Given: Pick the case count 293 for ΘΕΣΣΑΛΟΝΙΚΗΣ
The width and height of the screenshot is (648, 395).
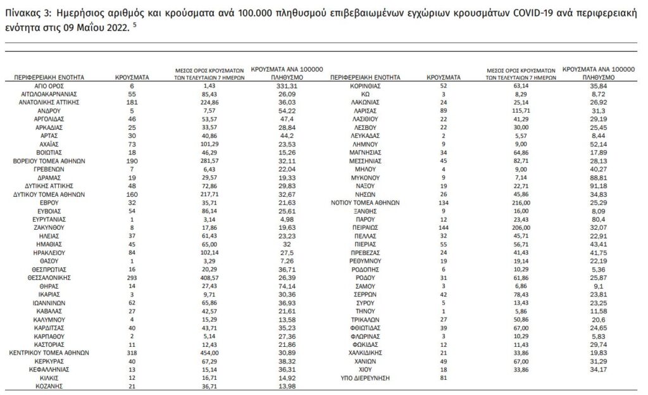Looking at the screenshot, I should [x=132, y=277].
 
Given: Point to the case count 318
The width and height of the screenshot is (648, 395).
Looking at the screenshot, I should [x=132, y=352].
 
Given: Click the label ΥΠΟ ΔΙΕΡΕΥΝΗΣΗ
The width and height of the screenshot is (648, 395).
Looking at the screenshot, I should [x=365, y=378].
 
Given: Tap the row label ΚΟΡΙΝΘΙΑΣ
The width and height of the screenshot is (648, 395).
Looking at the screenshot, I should [x=365, y=84].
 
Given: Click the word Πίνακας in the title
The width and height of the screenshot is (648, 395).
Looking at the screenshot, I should [x=21, y=12].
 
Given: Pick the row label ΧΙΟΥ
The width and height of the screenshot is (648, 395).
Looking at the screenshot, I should [x=365, y=369].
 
